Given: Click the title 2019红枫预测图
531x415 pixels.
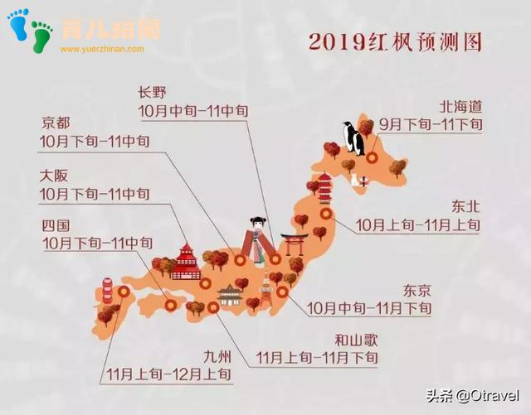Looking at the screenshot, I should pos(395,41).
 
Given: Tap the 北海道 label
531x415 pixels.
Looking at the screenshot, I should pos(461,107).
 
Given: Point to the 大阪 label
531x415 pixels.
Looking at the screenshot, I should pos(56,176).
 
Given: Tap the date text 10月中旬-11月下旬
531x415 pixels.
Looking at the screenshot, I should pos(369,308).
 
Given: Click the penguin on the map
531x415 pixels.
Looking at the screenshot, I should pos(354,138).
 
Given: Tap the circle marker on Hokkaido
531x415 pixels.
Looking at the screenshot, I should pos(373,157).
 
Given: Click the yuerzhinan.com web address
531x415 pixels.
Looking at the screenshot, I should pos(102,49).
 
